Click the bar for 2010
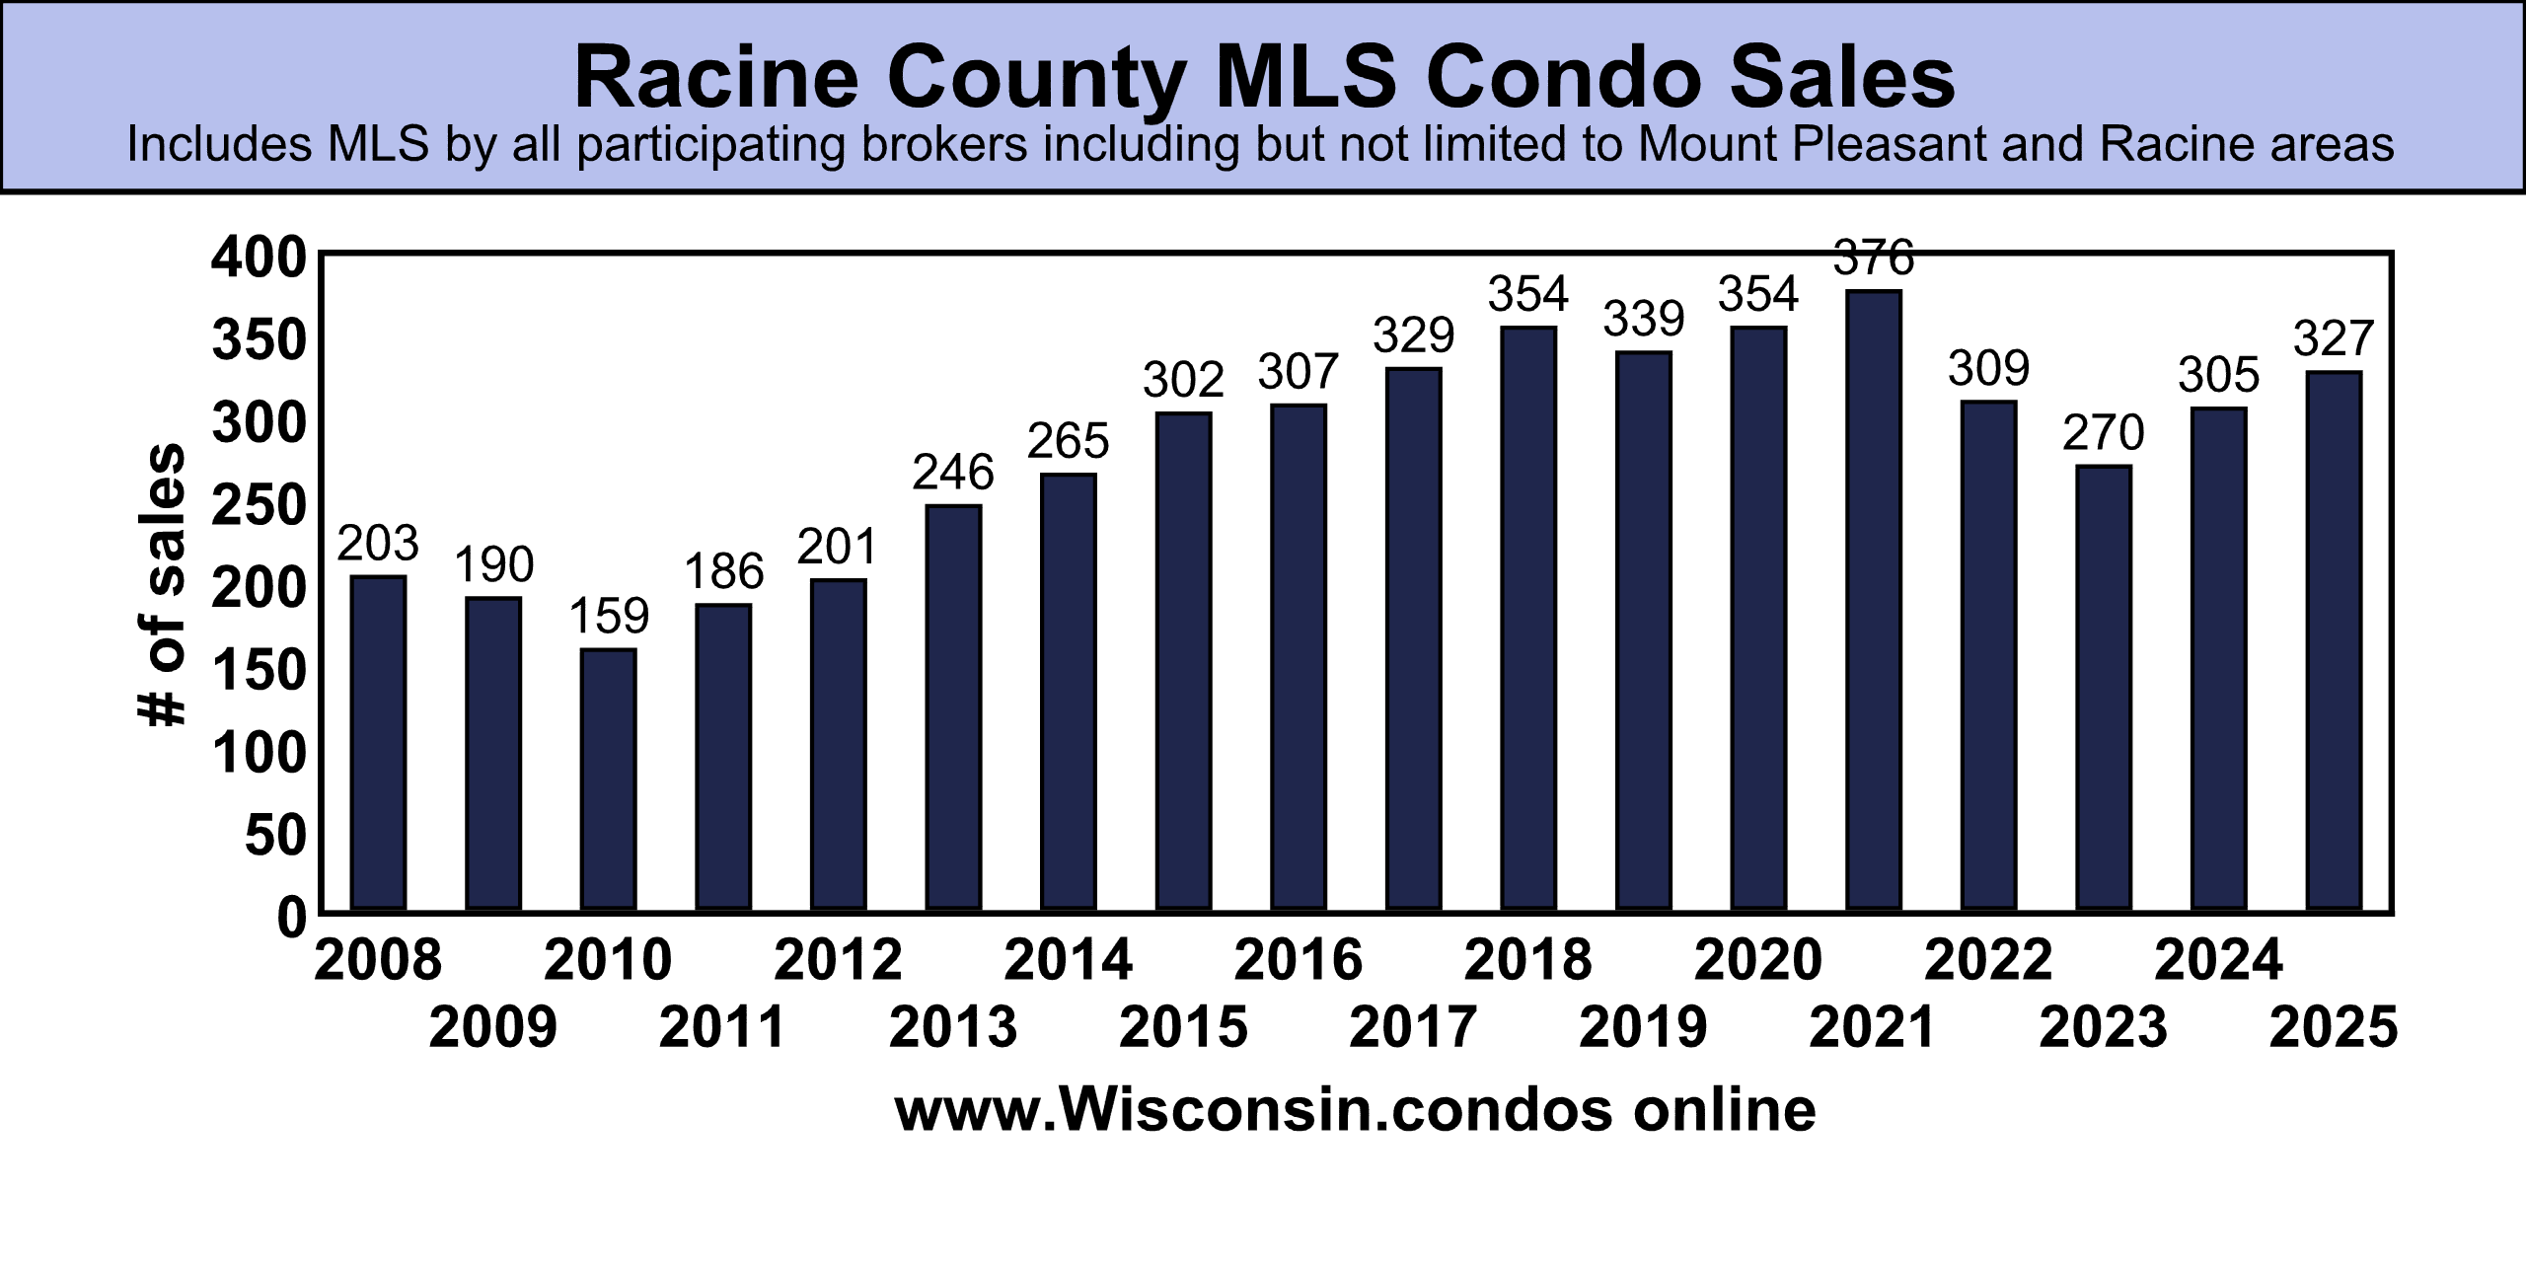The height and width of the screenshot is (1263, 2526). pyautogui.click(x=608, y=780)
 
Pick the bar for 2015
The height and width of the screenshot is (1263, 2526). pyautogui.click(x=1183, y=661)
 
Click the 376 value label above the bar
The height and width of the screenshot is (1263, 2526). pyautogui.click(x=1873, y=259)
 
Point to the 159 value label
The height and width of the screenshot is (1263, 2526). pyautogui.click(x=609, y=617)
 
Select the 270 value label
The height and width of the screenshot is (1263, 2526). pyautogui.click(x=2103, y=433)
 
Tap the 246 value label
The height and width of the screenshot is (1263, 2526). pyautogui.click(x=952, y=473)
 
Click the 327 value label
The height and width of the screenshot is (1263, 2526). pyautogui.click(x=2333, y=339)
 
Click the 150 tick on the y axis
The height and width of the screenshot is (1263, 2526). pyautogui.click(x=259, y=672)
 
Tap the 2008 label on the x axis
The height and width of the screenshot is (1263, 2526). pyautogui.click(x=378, y=960)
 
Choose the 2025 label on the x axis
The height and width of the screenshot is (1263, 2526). pyautogui.click(x=2333, y=1027)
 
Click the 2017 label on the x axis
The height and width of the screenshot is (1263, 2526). pyautogui.click(x=1413, y=1027)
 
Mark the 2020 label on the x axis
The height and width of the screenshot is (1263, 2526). pyautogui.click(x=1757, y=960)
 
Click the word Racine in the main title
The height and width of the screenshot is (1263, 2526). pyautogui.click(x=716, y=78)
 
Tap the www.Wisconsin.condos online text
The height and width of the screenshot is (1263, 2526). pyautogui.click(x=1355, y=1109)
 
